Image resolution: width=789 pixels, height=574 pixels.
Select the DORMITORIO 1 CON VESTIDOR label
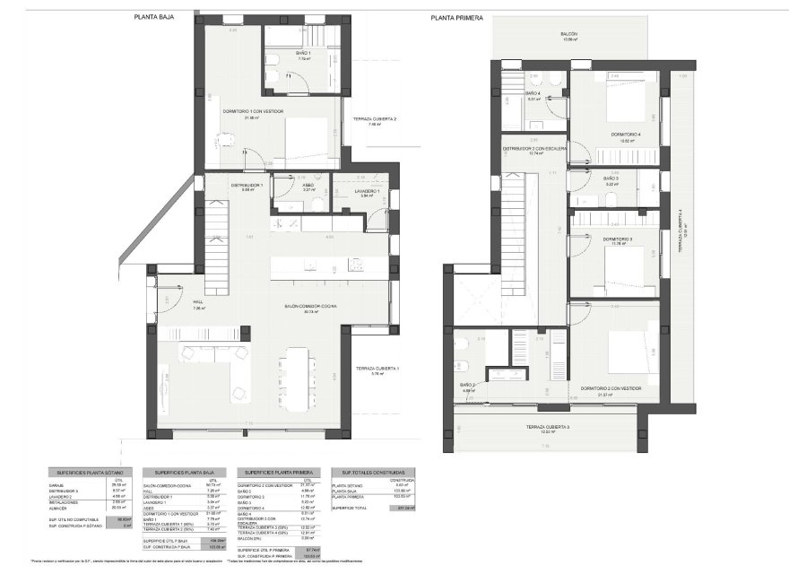(254, 111)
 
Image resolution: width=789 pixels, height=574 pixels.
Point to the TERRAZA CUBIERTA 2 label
(375, 119)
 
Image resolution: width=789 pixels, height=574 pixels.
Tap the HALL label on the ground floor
(199, 302)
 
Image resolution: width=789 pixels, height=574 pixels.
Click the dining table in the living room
(295, 376)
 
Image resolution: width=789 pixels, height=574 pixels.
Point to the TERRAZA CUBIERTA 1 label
(377, 369)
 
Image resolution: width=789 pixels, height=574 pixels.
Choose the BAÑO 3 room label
(611, 178)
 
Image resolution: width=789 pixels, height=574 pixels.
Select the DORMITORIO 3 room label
(618, 239)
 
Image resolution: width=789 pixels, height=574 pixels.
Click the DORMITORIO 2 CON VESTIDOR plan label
(611, 388)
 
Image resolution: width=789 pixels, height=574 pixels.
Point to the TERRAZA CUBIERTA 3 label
(545, 427)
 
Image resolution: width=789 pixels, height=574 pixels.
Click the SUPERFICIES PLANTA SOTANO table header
(91, 472)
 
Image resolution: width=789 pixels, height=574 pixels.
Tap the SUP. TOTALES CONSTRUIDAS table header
(368, 472)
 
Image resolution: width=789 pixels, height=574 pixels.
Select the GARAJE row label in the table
(58, 485)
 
